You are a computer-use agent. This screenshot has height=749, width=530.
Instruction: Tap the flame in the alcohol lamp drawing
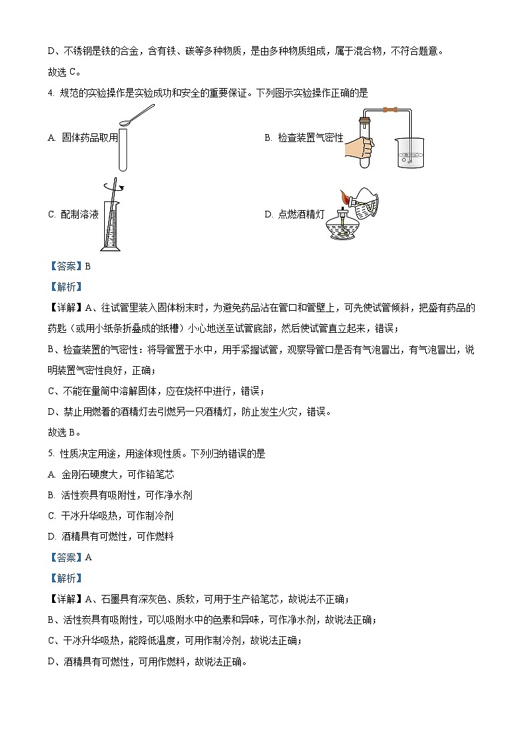(344, 198)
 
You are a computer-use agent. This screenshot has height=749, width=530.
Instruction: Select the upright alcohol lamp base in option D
(343, 227)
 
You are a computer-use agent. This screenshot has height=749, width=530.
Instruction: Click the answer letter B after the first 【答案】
(87, 265)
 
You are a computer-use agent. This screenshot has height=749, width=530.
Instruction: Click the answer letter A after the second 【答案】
(87, 558)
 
